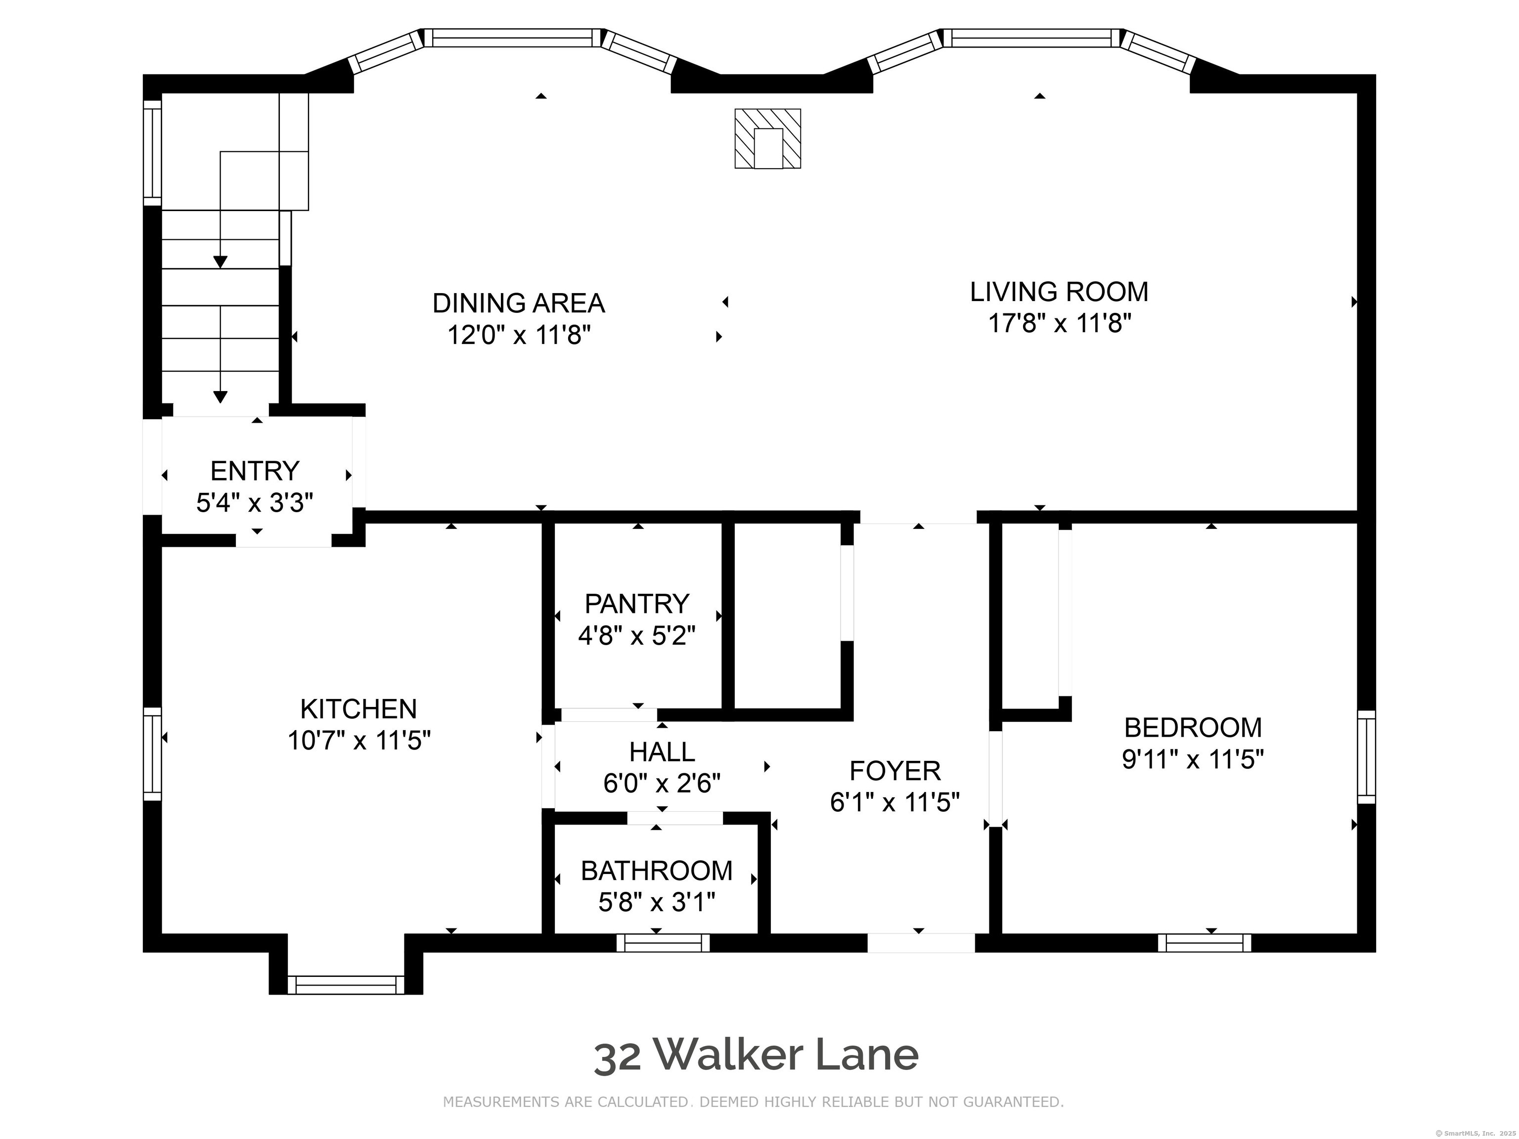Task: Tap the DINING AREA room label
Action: click(x=519, y=303)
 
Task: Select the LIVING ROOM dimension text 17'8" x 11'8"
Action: click(x=1059, y=323)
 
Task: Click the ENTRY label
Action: click(x=255, y=471)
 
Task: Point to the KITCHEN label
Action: click(x=358, y=708)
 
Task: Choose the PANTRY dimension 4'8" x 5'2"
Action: click(x=636, y=636)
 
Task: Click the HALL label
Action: click(x=662, y=752)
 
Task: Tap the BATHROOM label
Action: click(x=657, y=871)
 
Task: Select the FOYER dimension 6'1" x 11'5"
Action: click(x=895, y=802)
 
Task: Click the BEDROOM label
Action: click(x=1193, y=727)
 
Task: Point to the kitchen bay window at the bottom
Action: click(x=346, y=985)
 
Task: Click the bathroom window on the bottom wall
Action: click(x=663, y=943)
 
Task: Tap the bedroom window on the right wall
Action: click(x=1367, y=757)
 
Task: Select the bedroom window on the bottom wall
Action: click(x=1205, y=943)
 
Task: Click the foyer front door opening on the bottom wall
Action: click(x=921, y=943)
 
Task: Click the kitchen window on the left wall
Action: click(x=152, y=754)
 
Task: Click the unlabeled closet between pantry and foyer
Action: click(x=788, y=615)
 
